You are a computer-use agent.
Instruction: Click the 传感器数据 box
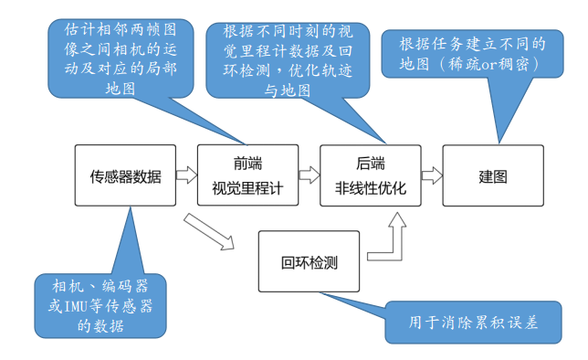pyautogui.click(x=125, y=176)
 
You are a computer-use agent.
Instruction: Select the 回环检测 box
pyautogui.click(x=309, y=263)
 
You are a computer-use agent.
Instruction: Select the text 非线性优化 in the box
pyautogui.click(x=369, y=189)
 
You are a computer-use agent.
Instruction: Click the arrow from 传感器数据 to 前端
pyautogui.click(x=186, y=174)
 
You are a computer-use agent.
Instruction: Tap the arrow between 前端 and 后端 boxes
pyautogui.click(x=307, y=174)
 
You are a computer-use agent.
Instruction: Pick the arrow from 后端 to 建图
pyautogui.click(x=429, y=174)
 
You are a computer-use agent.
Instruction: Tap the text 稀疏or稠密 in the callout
pyautogui.click(x=499, y=65)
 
